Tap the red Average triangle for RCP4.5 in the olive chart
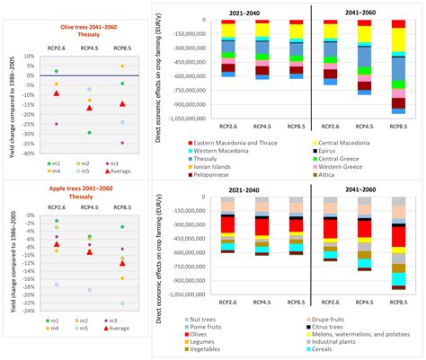88,108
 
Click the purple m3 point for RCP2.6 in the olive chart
56,124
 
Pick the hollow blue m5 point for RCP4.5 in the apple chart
88,290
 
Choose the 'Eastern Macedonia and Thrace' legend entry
235,142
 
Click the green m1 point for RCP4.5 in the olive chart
88,133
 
